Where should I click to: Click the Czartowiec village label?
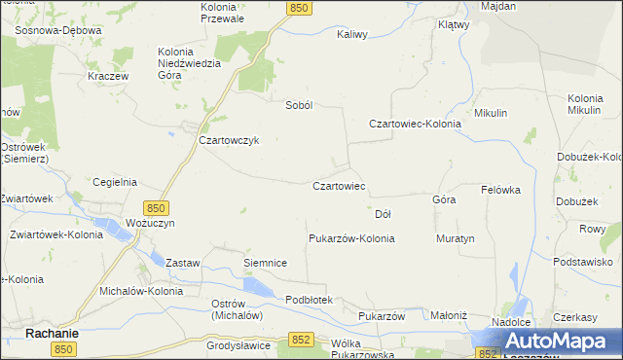coord(338,185)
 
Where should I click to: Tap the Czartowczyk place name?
coord(228,139)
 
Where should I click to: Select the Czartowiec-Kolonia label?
coord(414,124)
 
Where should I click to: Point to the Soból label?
coord(297,105)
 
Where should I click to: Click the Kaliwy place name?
coord(351,34)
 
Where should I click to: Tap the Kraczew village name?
coord(107,75)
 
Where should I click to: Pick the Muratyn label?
coord(455,238)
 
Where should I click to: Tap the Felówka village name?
coord(501,190)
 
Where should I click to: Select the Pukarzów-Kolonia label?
coord(351,238)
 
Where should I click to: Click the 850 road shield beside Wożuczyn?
coord(157,207)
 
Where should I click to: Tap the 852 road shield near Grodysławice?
coord(301,339)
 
